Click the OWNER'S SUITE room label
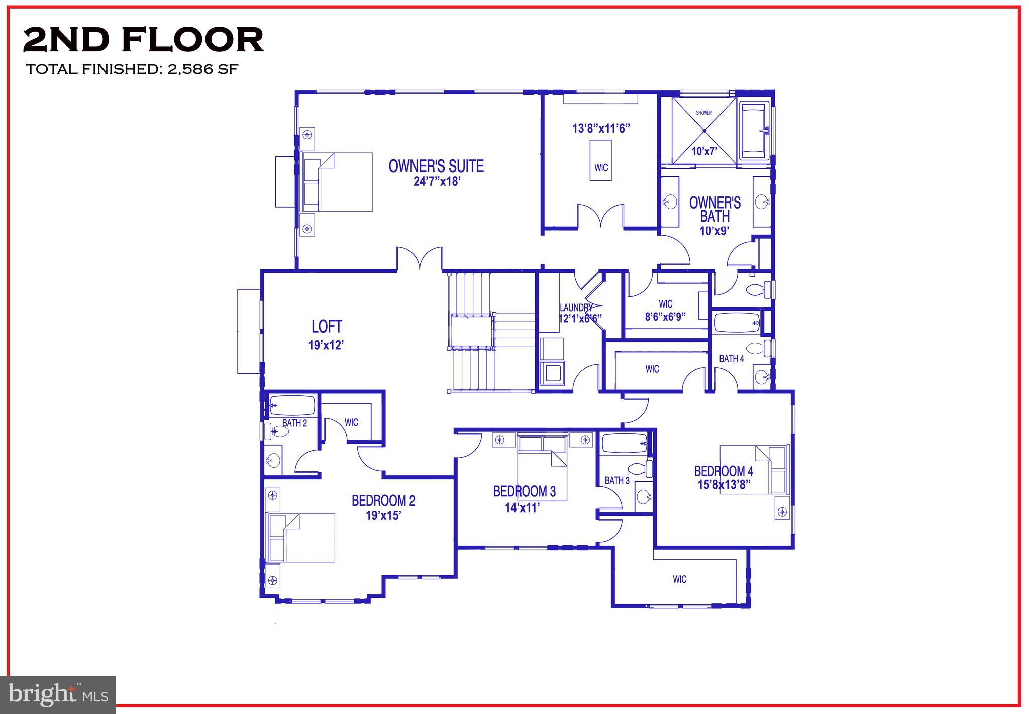coord(436,166)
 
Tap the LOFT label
coord(327,327)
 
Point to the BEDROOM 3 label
coord(524,491)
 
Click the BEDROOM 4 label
coord(724,471)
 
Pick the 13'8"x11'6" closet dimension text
coord(601,128)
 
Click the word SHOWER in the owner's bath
coord(704,113)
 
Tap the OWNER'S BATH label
coord(714,210)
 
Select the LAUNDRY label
coord(576,308)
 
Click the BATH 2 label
coord(294,423)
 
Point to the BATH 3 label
coord(617,481)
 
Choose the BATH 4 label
coord(731,359)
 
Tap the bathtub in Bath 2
coord(292,405)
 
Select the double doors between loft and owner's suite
coord(420,259)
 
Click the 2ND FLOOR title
coord(143,40)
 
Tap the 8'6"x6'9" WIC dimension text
coord(665,317)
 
